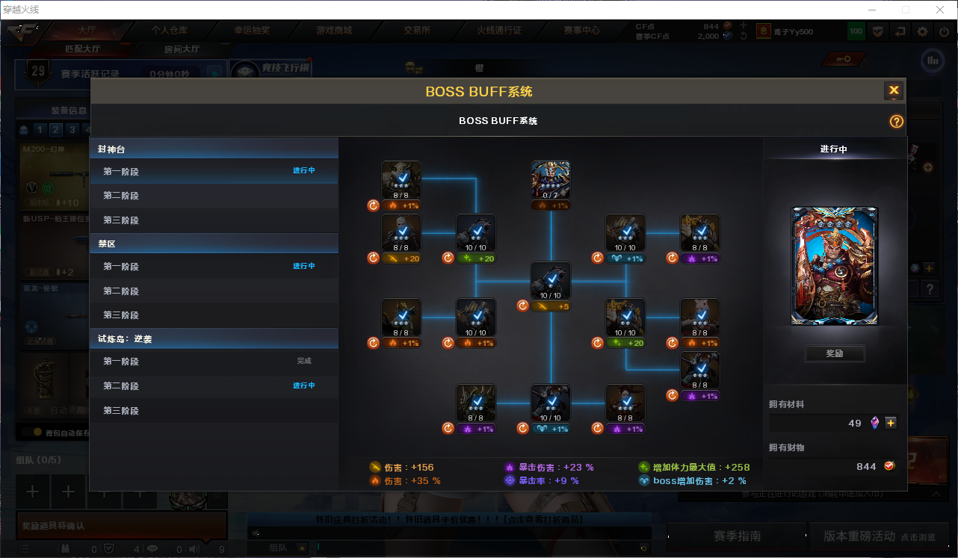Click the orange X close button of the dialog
894,91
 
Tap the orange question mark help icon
897,122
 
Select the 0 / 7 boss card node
551,180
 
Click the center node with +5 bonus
551,281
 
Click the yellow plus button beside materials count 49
890,423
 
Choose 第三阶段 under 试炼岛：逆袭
121,411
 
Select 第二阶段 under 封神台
121,196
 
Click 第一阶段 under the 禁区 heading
121,267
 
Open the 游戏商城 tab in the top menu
334,31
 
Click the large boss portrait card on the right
835,266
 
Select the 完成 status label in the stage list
303,362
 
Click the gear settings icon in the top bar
923,31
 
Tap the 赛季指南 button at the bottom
737,536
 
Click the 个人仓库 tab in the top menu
170,31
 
